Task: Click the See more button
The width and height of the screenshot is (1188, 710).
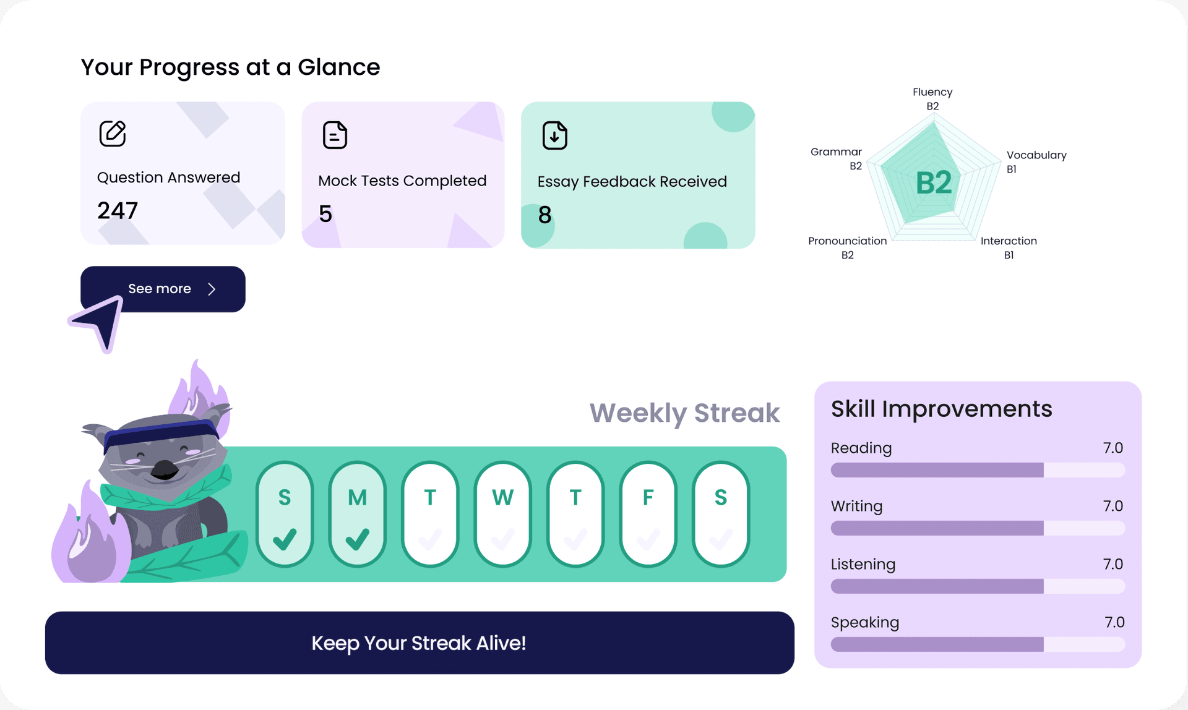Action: [x=163, y=289]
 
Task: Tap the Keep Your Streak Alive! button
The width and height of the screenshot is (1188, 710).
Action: [x=420, y=643]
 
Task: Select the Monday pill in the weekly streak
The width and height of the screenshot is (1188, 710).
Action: [x=357, y=514]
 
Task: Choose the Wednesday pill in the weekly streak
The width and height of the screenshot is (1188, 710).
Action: [x=502, y=514]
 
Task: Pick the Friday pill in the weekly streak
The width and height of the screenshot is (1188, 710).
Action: [x=648, y=514]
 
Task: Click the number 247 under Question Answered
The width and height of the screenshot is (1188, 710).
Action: [x=118, y=211]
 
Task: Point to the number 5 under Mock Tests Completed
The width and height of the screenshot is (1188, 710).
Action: [x=325, y=214]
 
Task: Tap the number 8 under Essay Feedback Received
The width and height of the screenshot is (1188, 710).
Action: [x=544, y=215]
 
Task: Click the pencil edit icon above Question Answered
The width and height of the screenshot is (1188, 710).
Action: [x=113, y=134]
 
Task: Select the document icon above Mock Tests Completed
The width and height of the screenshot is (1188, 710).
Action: [x=335, y=135]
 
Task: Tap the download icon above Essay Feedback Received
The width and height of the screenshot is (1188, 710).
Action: [x=554, y=135]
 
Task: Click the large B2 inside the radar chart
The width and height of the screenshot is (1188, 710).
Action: [x=934, y=183]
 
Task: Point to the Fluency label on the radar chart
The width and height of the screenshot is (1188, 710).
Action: [x=932, y=92]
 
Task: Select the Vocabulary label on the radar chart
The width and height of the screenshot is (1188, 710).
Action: [x=1036, y=155]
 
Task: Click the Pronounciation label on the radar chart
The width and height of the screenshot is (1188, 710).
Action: [x=847, y=241]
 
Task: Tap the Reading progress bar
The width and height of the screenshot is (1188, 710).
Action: [x=978, y=470]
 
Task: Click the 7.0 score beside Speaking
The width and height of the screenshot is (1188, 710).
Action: [x=1114, y=622]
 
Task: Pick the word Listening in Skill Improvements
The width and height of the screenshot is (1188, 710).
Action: [x=863, y=564]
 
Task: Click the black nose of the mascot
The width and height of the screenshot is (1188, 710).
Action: [x=165, y=469]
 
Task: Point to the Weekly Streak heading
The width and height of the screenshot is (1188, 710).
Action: [x=684, y=413]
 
